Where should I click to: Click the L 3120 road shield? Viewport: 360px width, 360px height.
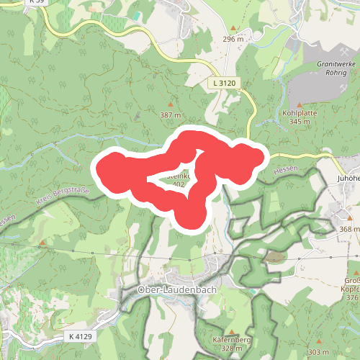click(x=224, y=84)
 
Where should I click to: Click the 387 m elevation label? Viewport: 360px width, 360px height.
click(x=169, y=115)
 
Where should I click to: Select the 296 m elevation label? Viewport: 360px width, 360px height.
click(x=234, y=39)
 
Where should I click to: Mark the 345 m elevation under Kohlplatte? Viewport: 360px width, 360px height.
click(x=299, y=122)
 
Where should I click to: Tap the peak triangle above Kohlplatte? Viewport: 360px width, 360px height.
click(x=291, y=104)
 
